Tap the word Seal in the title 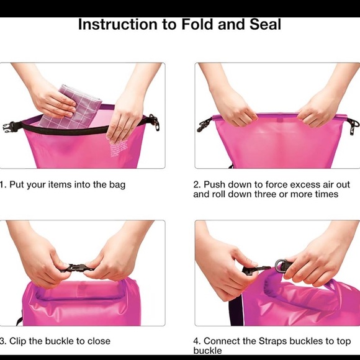264,25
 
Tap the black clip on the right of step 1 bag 153,122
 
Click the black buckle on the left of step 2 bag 204,125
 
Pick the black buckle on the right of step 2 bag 353,126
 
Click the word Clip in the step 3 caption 20,341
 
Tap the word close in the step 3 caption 97,341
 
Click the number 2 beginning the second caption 196,185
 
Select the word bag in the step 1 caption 117,185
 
